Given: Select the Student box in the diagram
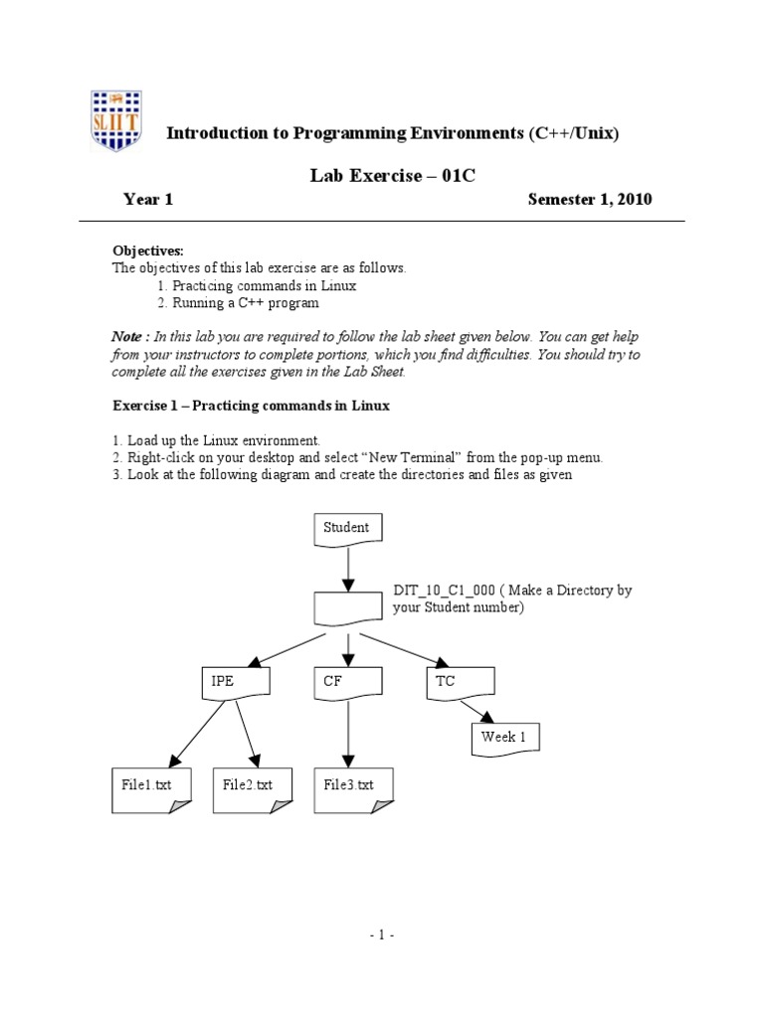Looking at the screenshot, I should pos(347,529).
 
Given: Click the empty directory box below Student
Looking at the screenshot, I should pos(347,608).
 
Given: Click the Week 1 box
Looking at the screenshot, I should pos(503,739).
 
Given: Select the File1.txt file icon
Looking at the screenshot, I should pos(146,788).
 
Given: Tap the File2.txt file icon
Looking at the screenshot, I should pos(248,788).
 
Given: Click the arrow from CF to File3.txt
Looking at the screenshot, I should pos(347,734).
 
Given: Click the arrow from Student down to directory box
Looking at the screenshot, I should pos(347,570).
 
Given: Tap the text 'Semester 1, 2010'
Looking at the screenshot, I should pos(589,199).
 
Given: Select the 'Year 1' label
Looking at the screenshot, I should pos(148,199).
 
